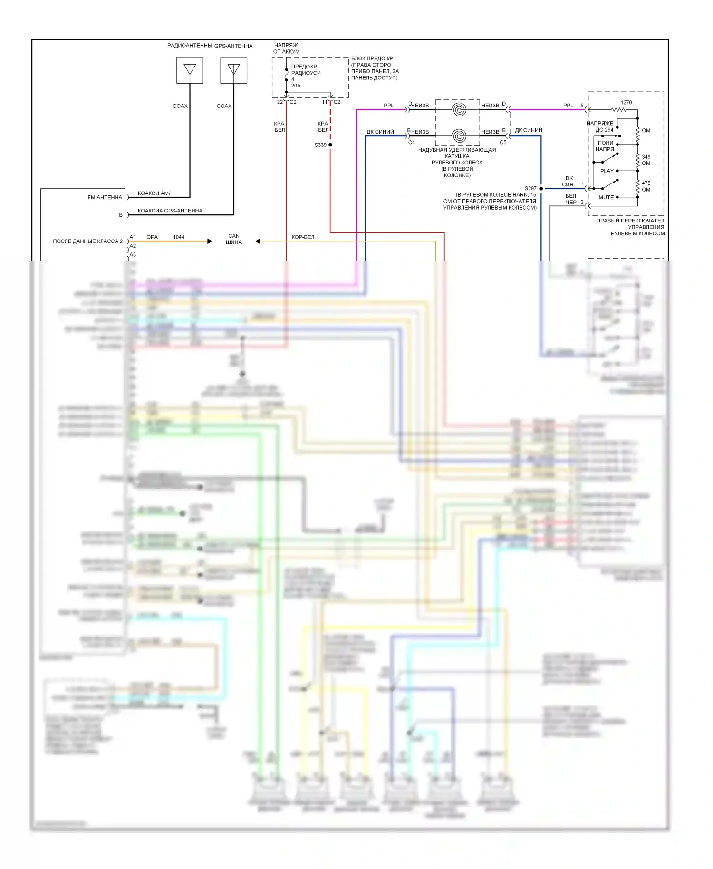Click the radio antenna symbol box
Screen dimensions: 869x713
point(190,70)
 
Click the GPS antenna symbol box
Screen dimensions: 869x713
point(233,70)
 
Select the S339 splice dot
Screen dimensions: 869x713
point(330,145)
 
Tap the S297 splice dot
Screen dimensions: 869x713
point(541,189)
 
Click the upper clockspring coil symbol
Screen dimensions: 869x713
point(459,110)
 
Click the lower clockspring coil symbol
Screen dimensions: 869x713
point(459,136)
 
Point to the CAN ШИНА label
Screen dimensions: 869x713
point(234,239)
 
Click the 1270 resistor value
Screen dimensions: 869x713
point(626,102)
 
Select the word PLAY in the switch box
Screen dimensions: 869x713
point(607,171)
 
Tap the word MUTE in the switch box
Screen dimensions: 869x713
point(606,197)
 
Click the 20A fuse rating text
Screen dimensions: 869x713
point(296,86)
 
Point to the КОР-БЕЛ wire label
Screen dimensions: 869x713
point(303,237)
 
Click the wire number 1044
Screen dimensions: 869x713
point(179,237)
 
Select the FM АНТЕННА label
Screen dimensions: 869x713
point(105,197)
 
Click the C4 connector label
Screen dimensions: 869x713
point(412,142)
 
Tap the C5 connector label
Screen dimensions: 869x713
point(503,142)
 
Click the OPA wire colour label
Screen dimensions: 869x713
point(152,237)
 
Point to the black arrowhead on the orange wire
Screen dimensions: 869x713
point(210,241)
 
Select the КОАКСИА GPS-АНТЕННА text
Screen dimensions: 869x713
point(170,211)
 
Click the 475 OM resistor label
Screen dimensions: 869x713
point(646,186)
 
